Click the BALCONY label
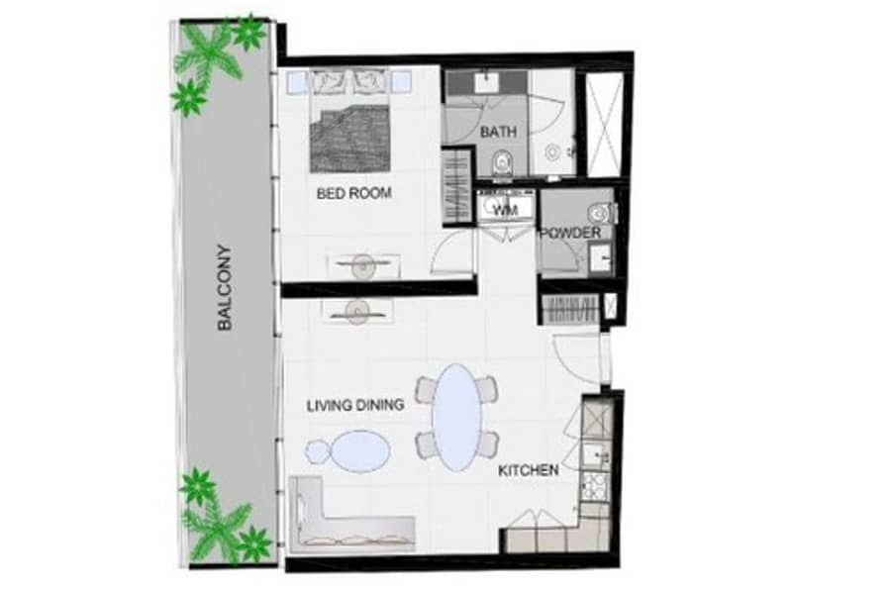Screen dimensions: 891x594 coord(225,287)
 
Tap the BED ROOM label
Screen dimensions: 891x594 coord(354,193)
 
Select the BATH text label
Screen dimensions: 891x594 coord(498,132)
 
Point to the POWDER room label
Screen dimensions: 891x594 coord(570,233)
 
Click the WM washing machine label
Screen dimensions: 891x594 coord(506,210)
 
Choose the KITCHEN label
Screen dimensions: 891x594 coord(529,470)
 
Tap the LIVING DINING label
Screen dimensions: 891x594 coord(355,405)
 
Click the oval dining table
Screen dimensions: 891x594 coord(456,418)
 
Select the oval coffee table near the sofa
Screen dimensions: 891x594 coord(361,450)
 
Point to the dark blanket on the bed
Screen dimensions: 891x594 coord(350,139)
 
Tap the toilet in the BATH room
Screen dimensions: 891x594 coord(502,164)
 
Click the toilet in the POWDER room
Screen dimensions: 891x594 coord(601,213)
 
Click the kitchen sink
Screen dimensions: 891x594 coord(597,454)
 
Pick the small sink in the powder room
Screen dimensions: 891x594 coord(600,257)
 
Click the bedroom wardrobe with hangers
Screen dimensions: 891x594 coord(457,185)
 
